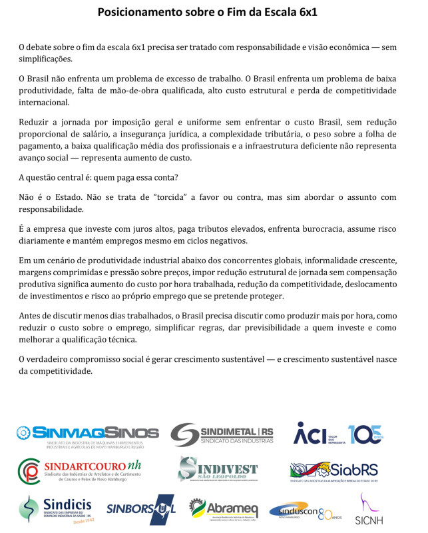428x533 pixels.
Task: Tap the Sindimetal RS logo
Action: point(222,434)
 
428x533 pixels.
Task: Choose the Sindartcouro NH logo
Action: point(89,470)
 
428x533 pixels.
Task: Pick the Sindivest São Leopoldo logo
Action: point(217,470)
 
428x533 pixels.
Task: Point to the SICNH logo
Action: point(365,510)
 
